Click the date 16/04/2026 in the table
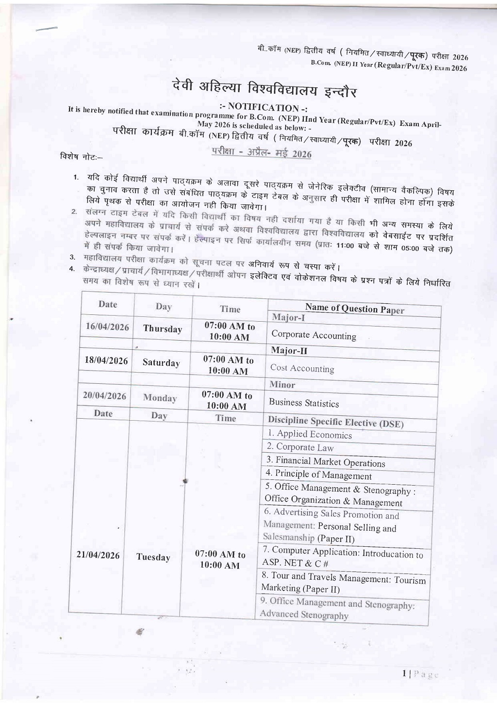(x=107, y=327)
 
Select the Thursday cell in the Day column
(x=163, y=329)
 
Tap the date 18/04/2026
(x=106, y=360)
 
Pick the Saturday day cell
(x=161, y=363)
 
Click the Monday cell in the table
(x=160, y=398)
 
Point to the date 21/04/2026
(x=98, y=555)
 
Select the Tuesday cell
(x=153, y=557)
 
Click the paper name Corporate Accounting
(x=314, y=335)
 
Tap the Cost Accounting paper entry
(x=302, y=369)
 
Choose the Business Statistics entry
(x=304, y=403)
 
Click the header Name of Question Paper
(x=354, y=309)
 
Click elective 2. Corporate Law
(x=300, y=447)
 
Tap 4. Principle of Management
(x=318, y=475)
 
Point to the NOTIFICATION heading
(x=264, y=107)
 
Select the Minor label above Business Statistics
(x=282, y=385)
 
